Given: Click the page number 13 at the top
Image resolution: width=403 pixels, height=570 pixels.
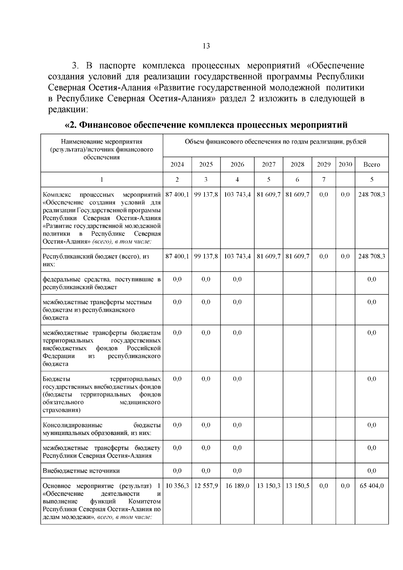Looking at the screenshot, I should [x=206, y=46].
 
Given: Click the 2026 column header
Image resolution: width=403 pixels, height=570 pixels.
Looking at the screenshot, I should [x=237, y=165].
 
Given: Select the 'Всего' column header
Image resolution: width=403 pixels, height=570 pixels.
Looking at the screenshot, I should [x=371, y=165].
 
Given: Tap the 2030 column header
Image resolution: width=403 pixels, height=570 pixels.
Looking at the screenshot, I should [x=345, y=165].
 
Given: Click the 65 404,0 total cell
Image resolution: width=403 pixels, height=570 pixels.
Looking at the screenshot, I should [x=371, y=486].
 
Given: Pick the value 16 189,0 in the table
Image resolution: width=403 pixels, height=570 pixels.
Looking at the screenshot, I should [x=237, y=486].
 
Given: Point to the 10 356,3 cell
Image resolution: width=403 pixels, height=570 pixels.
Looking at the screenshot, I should [x=177, y=486].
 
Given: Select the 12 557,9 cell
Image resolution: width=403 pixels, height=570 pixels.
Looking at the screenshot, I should [x=206, y=486].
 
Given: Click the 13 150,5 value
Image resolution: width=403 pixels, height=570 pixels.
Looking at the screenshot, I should [x=297, y=486].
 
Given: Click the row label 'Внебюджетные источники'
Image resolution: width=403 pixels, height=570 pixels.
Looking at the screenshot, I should [x=81, y=471].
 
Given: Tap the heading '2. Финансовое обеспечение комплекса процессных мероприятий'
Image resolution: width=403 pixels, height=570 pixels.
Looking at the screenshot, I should [x=206, y=125].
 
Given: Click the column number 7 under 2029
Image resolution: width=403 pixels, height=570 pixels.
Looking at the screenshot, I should [x=324, y=180].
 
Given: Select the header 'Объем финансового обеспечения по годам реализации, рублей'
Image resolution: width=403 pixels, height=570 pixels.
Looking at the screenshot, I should [x=275, y=142].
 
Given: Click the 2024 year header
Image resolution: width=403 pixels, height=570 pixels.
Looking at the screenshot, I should [x=177, y=165].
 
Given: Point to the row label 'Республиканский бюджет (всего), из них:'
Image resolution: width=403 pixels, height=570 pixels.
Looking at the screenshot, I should [x=96, y=260].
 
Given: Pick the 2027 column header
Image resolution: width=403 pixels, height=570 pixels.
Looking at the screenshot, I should [x=268, y=165].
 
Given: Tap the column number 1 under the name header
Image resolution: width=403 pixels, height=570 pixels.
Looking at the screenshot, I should [x=102, y=180].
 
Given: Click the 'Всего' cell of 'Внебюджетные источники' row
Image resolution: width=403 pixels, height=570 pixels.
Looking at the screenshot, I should [x=371, y=471].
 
